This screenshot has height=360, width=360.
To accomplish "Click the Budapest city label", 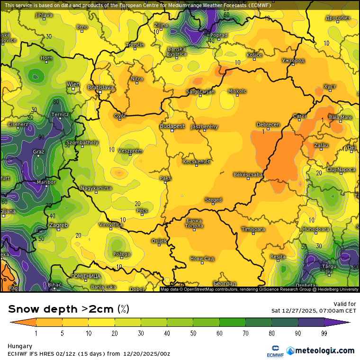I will tap(172, 126).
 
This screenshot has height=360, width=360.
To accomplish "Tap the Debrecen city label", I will tap(268, 125).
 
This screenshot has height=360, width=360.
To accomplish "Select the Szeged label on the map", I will tap(213, 200).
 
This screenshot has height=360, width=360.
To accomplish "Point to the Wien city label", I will tap(73, 84).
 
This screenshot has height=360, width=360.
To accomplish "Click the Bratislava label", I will tap(101, 88).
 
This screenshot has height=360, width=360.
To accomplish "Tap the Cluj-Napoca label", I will tap(341, 169).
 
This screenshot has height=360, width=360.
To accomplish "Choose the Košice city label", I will tap(254, 55).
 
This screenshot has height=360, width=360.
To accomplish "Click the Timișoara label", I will tap(253, 229).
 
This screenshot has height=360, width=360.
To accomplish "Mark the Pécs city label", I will tap(142, 210).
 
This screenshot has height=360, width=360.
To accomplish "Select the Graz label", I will tap(38, 152).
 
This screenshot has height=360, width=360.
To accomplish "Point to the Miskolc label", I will tap(237, 91).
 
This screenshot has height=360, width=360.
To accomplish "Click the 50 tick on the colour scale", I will tap(193, 333).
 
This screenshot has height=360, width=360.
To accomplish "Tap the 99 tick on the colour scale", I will tap(324, 333).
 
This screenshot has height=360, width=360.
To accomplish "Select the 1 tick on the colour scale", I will tap(36, 333).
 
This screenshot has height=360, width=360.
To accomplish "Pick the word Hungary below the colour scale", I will tap(20, 346).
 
